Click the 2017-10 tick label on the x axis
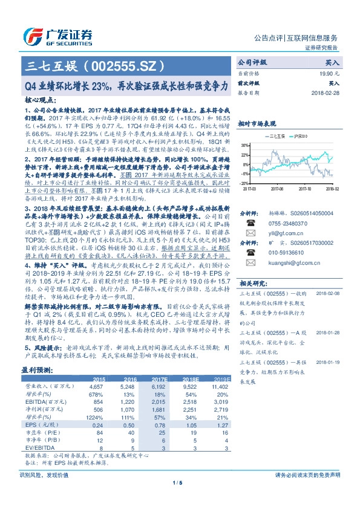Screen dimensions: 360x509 (306, 188)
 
